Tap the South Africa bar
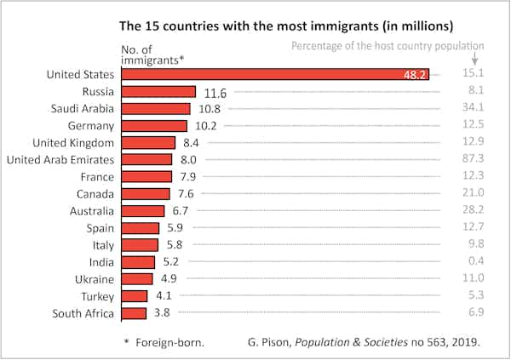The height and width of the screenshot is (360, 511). pos(135,313)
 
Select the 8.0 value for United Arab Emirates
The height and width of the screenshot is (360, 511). pos(189,160)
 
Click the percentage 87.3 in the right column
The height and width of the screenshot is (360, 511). pos(471,160)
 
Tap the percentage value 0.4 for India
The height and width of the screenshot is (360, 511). pos(474,262)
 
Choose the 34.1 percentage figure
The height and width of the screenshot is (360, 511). pos(471,109)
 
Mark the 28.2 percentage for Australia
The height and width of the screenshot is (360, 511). pos(471,211)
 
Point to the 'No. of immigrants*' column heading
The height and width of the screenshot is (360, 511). pos(151,54)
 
